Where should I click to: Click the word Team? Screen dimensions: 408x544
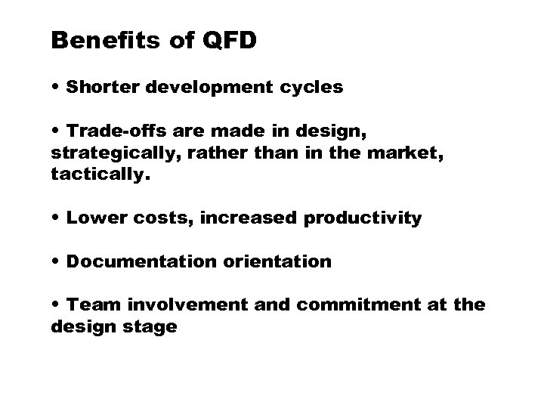point(89,306)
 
